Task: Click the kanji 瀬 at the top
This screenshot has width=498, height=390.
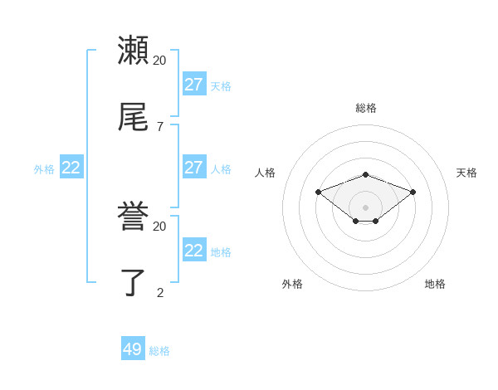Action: pyautogui.click(x=133, y=50)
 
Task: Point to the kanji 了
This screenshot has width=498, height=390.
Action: pyautogui.click(x=133, y=283)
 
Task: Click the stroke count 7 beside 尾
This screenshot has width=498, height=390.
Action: pyautogui.click(x=159, y=126)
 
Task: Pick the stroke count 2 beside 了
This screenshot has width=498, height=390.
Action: pyautogui.click(x=159, y=292)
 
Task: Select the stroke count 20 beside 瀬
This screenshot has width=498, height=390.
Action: pyautogui.click(x=159, y=60)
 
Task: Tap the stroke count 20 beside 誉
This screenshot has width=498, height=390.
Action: pyautogui.click(x=159, y=226)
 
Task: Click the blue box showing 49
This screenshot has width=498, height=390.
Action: pyautogui.click(x=133, y=349)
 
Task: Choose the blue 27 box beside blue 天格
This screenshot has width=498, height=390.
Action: pyautogui.click(x=194, y=85)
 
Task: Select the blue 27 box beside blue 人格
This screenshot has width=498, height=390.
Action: pyautogui.click(x=194, y=168)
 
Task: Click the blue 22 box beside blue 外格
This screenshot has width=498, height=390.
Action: pyautogui.click(x=71, y=168)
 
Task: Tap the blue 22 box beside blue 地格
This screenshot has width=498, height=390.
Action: pyautogui.click(x=194, y=251)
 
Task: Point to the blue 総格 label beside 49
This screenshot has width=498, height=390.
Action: pyautogui.click(x=159, y=351)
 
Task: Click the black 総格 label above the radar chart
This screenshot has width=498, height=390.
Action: pyautogui.click(x=366, y=108)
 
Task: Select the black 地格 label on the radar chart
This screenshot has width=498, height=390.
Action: pyautogui.click(x=435, y=284)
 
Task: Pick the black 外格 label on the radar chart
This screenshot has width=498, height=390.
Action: pyautogui.click(x=292, y=284)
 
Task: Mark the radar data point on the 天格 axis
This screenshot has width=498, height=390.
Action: pyautogui.click(x=413, y=192)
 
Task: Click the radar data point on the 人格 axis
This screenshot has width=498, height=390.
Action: pyautogui.click(x=318, y=192)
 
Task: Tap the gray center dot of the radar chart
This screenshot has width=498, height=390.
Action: pyautogui.click(x=366, y=207)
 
